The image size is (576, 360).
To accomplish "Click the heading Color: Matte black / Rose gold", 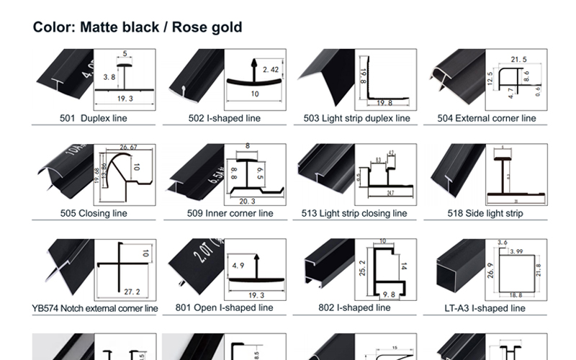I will pyautogui.click(x=138, y=27).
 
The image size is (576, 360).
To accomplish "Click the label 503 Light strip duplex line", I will pyautogui.click(x=356, y=118).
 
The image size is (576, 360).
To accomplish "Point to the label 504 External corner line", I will pyautogui.click(x=487, y=118).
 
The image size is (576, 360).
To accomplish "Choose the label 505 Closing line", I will pyautogui.click(x=93, y=213).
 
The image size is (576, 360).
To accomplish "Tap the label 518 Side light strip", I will pyautogui.click(x=485, y=213).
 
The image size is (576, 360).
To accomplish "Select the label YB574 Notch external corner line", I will pyautogui.click(x=95, y=308).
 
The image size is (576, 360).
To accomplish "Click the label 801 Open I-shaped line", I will pyautogui.click(x=224, y=308).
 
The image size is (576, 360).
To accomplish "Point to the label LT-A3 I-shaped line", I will pyautogui.click(x=485, y=308).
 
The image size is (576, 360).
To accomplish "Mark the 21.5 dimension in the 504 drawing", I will pyautogui.click(x=518, y=59).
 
